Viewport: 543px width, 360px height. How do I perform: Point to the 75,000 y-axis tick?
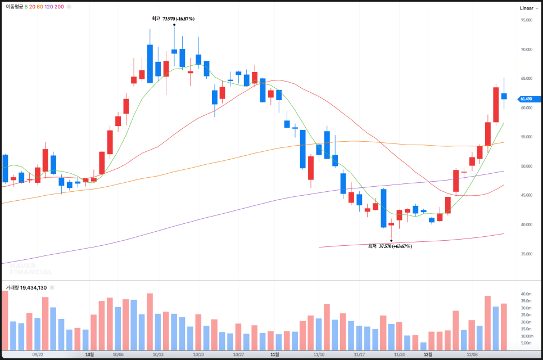click(x=526, y=20)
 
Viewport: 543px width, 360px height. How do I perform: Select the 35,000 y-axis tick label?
click(x=526, y=254)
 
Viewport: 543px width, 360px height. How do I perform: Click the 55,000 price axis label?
click(x=526, y=137)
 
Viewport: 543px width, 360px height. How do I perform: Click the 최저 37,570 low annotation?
click(x=390, y=246)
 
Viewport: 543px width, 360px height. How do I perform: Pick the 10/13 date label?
click(x=158, y=355)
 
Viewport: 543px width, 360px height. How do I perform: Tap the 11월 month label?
click(x=274, y=355)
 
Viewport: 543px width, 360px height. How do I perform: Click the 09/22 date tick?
click(x=38, y=355)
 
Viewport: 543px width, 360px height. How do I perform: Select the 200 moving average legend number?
click(x=59, y=7)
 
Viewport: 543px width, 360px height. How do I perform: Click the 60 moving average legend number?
click(x=40, y=7)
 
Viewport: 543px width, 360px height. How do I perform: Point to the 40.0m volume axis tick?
click(x=526, y=294)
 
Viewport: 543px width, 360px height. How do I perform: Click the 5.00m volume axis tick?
click(x=526, y=343)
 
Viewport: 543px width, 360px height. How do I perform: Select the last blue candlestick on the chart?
click(x=504, y=96)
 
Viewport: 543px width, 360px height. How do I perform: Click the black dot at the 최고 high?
click(x=174, y=24)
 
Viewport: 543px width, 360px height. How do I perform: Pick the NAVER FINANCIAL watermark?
click(x=31, y=268)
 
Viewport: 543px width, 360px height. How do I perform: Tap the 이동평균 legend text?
click(x=14, y=7)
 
